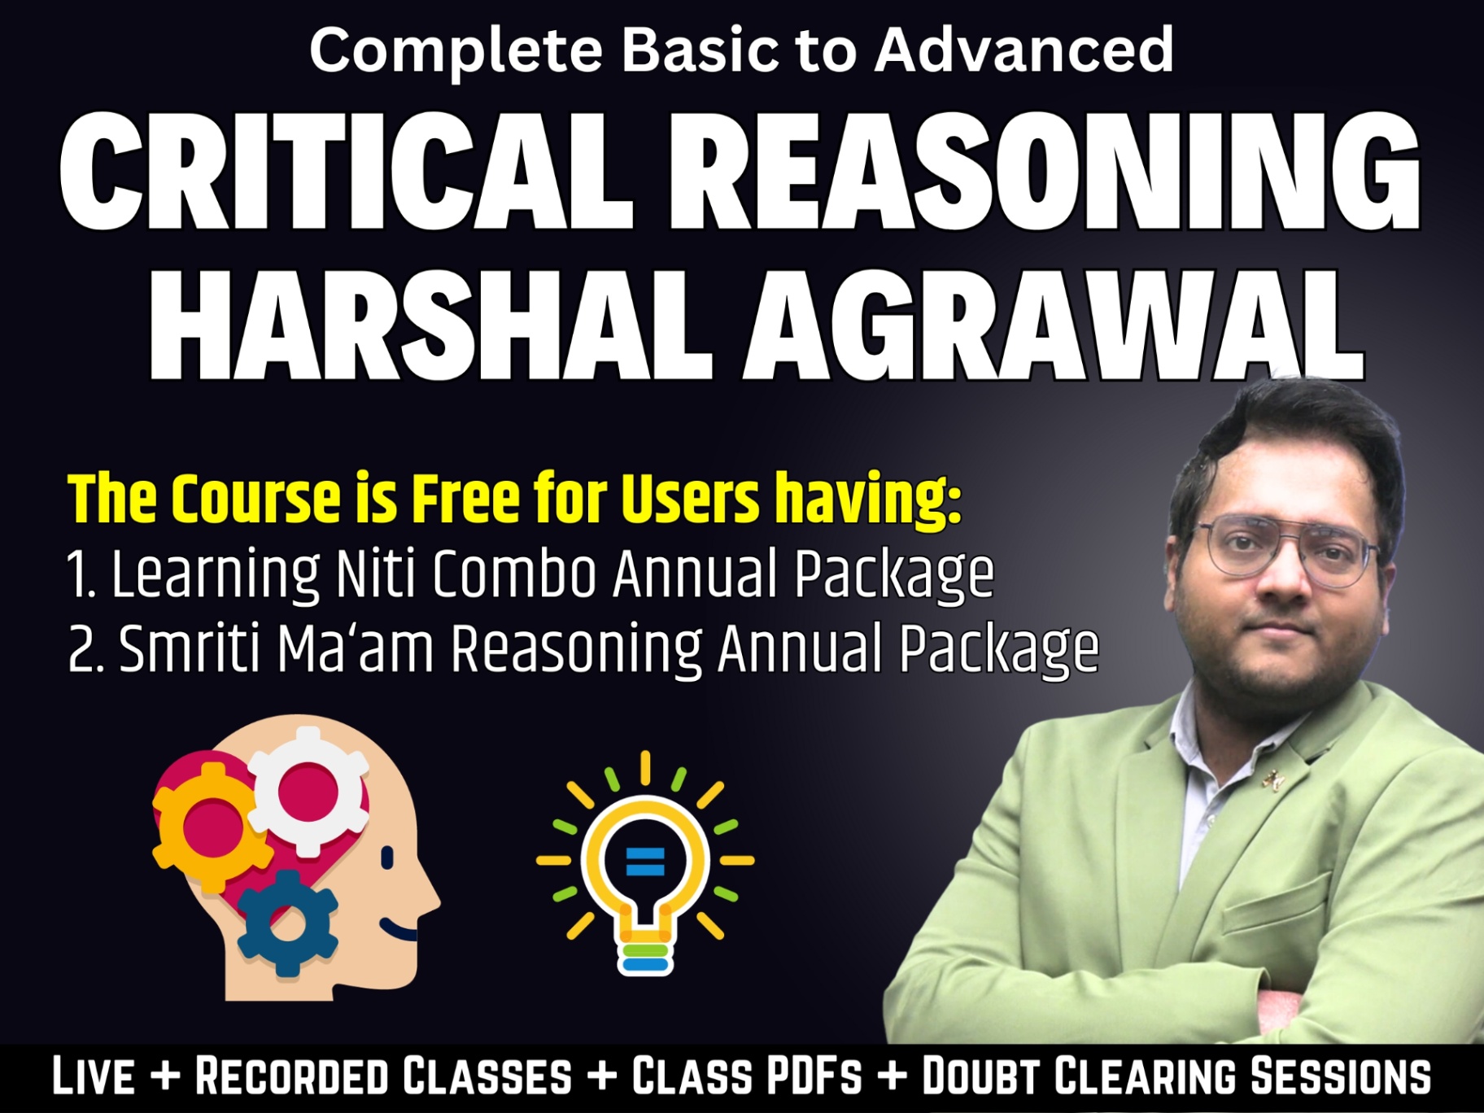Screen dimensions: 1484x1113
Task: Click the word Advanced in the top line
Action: coord(1024,50)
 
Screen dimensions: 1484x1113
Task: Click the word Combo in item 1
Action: coord(514,574)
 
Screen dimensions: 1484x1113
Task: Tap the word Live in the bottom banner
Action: coord(94,1076)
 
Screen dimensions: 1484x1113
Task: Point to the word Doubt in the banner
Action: coord(981,1076)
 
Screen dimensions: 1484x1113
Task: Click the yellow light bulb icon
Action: coord(645,862)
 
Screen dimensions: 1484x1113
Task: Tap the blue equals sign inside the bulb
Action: coord(645,861)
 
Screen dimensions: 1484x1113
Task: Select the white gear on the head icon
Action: coord(308,790)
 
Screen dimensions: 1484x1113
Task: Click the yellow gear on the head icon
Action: coord(212,827)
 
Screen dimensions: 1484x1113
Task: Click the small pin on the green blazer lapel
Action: coord(1268,782)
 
